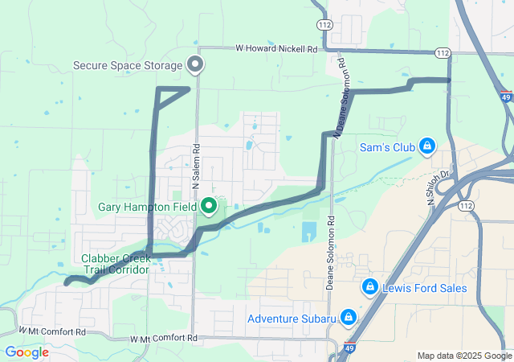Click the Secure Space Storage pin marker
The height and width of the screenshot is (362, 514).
[x=194, y=64]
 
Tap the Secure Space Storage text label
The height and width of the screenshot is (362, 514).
[x=128, y=65]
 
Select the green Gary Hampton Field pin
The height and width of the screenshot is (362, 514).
[x=210, y=206]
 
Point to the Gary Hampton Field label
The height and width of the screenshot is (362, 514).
[x=147, y=207]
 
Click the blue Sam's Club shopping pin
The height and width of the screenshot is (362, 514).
[x=427, y=146]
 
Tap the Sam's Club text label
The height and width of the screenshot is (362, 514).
[x=386, y=147]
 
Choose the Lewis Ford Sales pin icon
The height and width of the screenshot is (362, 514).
[x=370, y=286]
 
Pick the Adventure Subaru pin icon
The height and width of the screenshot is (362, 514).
[x=349, y=317]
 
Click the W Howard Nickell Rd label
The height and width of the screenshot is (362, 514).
[x=277, y=48]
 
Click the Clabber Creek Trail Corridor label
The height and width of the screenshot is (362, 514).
[x=115, y=264]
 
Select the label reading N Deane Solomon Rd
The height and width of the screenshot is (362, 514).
[x=341, y=95]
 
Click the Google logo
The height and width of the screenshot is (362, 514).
[x=27, y=352]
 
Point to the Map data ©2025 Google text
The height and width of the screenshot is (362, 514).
[x=464, y=356]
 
